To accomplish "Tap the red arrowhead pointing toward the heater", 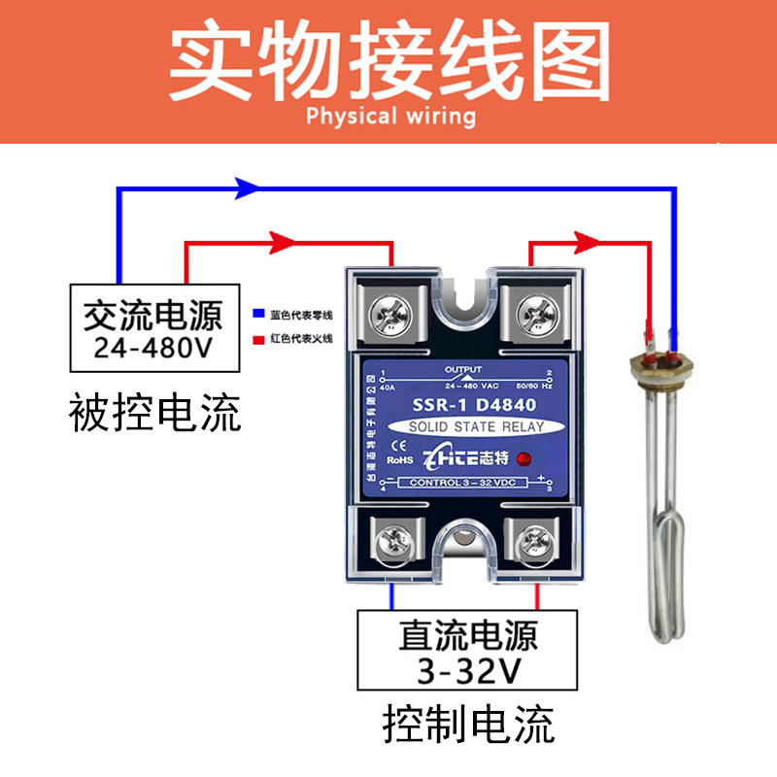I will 585,240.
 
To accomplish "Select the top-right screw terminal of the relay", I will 534,313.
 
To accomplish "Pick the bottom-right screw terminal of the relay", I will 535,538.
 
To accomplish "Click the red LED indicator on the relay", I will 524,458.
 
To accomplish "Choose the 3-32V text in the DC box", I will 467,670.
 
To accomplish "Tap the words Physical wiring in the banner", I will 390,117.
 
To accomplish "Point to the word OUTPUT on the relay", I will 462,370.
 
